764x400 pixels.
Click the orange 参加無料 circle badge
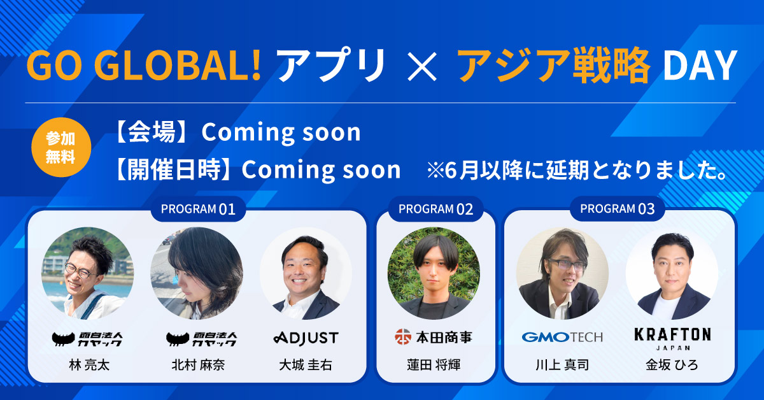coord(61,147)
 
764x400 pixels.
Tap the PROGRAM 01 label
coord(198,209)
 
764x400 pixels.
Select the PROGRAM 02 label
coord(435,209)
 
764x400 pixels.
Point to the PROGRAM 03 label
coord(618,208)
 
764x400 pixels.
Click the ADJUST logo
coord(306,338)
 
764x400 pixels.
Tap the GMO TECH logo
coord(562,337)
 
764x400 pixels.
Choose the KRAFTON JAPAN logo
coord(672,339)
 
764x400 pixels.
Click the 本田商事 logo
coord(434,337)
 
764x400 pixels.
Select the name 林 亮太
coord(89,365)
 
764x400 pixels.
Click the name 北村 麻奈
coord(198,365)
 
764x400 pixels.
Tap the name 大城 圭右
coord(306,365)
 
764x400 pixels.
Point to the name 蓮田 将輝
coord(434,365)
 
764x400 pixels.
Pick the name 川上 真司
coord(562,365)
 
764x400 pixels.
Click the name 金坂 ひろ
coord(672,365)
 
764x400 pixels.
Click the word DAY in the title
coord(700,66)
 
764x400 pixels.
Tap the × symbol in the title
coord(422,66)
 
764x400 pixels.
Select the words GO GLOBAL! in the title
coord(144,66)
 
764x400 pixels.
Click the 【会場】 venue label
coord(152,132)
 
